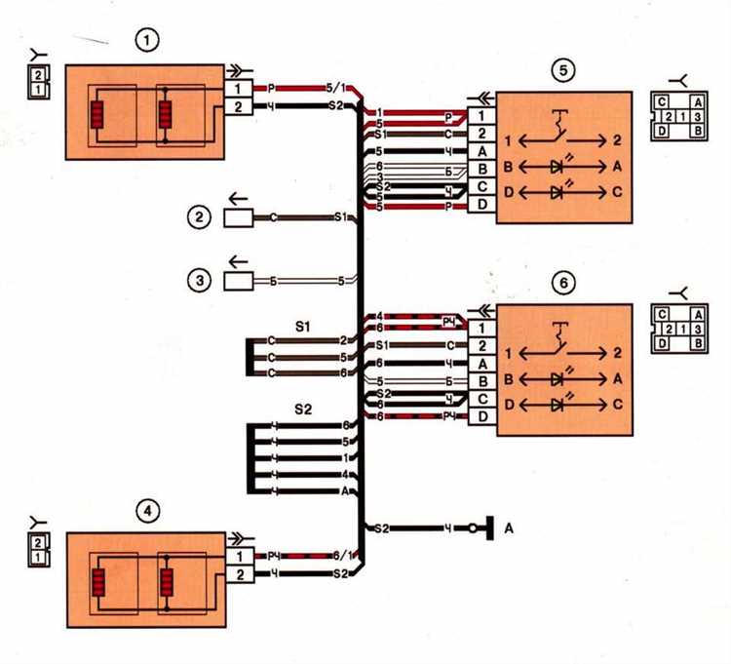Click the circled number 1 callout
pos(147,40)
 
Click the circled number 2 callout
pos(199,217)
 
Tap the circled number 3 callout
pos(199,282)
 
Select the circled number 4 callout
pos(147,509)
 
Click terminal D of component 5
pos(481,206)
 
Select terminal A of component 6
pos(481,363)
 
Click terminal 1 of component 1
pos(239,88)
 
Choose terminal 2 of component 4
pos(239,574)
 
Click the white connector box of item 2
pos(239,217)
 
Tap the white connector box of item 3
pos(239,282)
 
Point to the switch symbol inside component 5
pos(560,125)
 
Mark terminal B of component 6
pos(481,380)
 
